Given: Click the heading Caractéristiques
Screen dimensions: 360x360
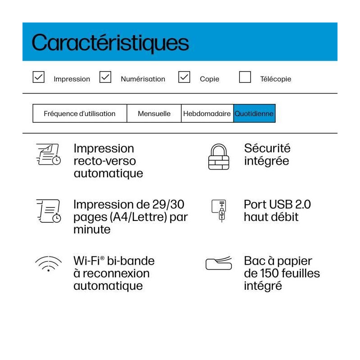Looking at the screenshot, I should (x=110, y=43).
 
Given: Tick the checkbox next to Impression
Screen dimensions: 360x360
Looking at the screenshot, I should (x=39, y=77).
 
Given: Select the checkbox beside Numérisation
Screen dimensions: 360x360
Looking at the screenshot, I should (x=105, y=77).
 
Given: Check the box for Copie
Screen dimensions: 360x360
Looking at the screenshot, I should (x=184, y=77).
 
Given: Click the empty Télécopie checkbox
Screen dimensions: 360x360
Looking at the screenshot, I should (x=245, y=77).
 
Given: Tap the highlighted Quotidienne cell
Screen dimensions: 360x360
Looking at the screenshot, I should (x=254, y=113).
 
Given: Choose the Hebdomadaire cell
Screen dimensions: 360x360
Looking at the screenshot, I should (x=207, y=113).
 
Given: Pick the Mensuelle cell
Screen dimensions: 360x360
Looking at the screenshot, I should (x=154, y=113).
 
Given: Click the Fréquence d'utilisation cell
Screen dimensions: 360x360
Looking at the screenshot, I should (x=80, y=113).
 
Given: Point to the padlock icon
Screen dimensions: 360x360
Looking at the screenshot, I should (x=219, y=156).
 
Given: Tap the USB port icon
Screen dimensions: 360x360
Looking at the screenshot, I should (x=221, y=210).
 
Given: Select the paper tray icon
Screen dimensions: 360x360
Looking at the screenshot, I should (x=219, y=263).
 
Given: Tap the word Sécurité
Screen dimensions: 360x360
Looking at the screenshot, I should (x=267, y=148).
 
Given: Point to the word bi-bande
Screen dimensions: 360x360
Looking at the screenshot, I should (x=131, y=261).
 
